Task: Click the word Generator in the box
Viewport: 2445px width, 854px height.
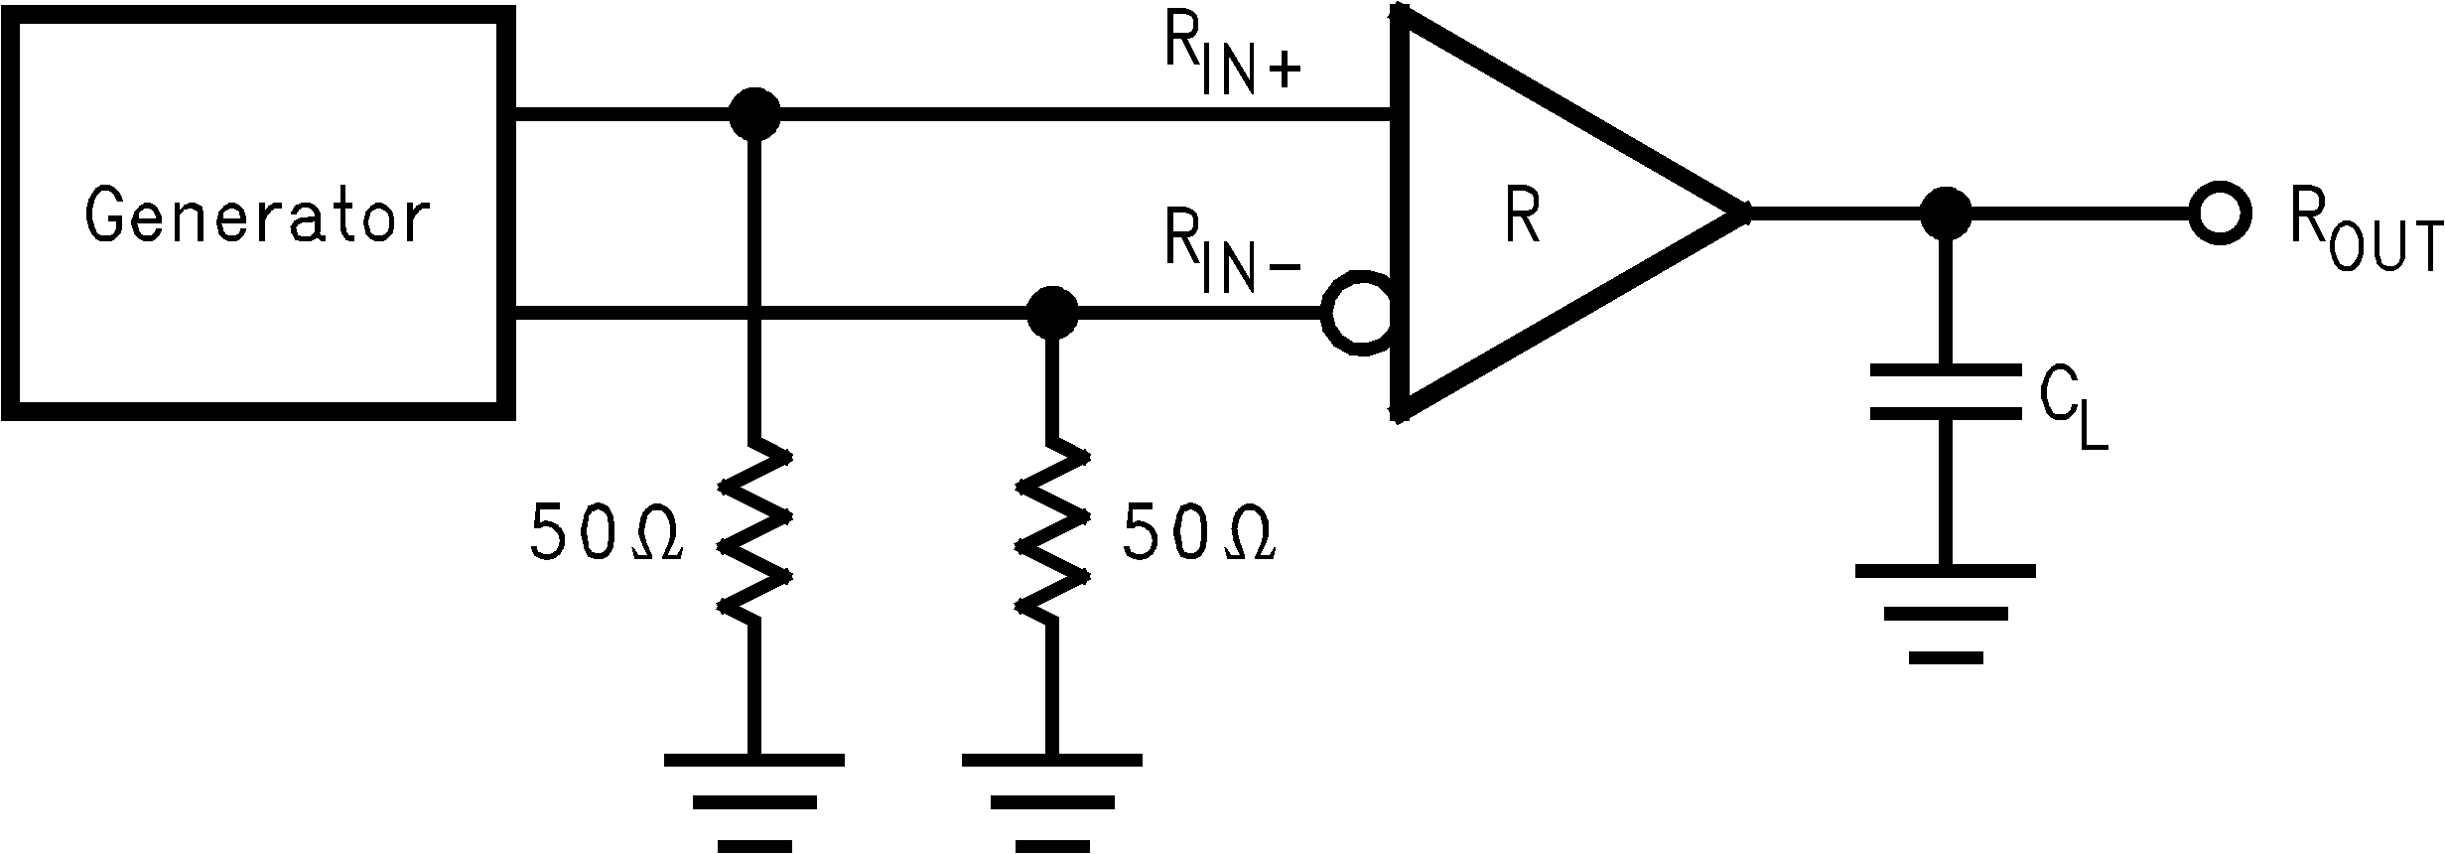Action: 257,217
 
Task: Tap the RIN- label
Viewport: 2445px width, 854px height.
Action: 1231,255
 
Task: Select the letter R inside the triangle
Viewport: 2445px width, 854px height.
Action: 1522,217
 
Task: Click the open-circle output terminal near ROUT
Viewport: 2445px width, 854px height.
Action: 2218,213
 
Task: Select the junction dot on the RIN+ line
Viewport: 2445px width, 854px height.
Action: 754,115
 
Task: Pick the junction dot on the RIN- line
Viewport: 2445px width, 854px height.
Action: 1051,312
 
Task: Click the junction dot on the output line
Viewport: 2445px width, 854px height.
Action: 1946,213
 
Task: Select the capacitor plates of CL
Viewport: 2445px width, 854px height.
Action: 1946,391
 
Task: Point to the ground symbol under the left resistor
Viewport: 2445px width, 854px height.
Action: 754,800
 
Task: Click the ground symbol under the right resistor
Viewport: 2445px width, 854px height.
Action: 1051,800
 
